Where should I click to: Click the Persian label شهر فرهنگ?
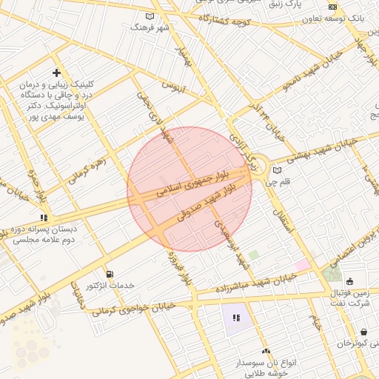[150, 27]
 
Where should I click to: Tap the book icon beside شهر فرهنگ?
[150, 16]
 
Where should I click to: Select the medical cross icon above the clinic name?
[56, 73]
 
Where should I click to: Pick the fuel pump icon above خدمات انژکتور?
[110, 274]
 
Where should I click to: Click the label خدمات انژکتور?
[110, 286]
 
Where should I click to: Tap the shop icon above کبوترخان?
[363, 332]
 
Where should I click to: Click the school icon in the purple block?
[236, 318]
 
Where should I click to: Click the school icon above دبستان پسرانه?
[44, 218]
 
